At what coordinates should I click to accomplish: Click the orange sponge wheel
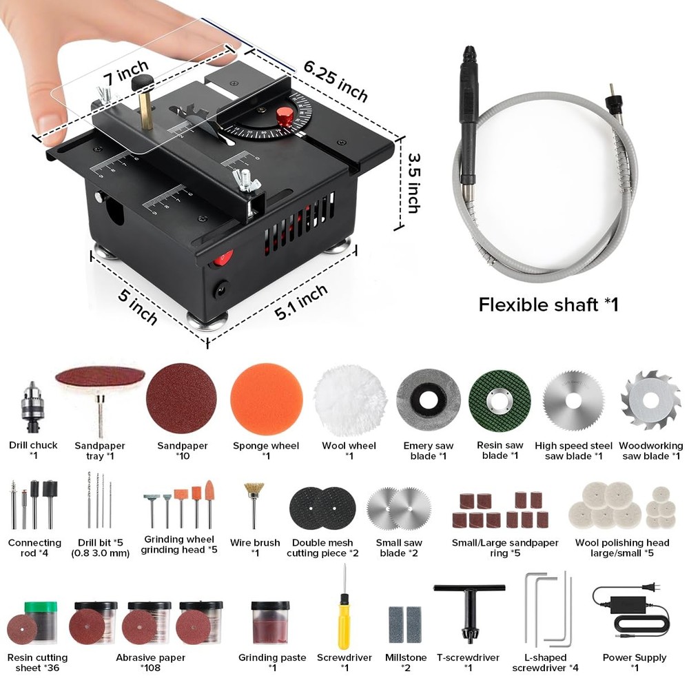pos(267,400)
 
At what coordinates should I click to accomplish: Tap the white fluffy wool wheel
pos(349,400)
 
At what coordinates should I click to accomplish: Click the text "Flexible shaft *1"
pos(548,304)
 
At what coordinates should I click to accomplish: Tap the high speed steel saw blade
pos(573,400)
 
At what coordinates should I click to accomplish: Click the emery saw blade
pos(429,400)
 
